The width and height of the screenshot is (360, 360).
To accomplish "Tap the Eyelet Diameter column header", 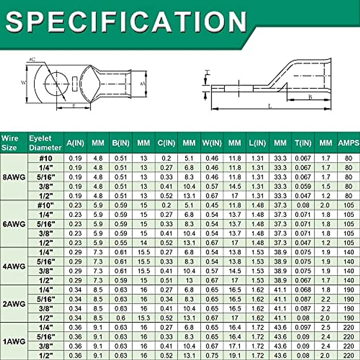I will click(x=45, y=143).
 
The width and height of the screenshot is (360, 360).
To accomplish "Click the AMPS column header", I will click(x=348, y=143).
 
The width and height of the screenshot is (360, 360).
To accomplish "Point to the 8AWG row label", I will click(x=14, y=177).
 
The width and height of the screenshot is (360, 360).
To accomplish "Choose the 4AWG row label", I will click(x=14, y=266).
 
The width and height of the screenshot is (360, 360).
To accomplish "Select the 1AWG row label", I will click(x=14, y=341).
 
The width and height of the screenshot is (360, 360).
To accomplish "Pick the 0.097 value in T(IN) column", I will click(x=303, y=327).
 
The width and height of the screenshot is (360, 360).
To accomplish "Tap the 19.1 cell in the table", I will click(x=235, y=355).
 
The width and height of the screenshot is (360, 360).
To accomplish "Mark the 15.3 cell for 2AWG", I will click(x=143, y=318).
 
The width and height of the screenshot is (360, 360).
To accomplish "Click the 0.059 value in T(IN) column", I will click(x=303, y=187).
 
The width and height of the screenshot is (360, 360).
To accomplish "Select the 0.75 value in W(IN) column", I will click(x=212, y=355).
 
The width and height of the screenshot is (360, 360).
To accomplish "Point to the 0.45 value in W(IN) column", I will click(x=212, y=205).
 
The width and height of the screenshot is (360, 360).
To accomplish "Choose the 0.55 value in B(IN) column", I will click(x=121, y=243).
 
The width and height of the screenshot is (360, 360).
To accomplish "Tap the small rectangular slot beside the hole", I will click(x=75, y=84).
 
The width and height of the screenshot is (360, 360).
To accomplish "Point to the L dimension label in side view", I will click(x=270, y=106).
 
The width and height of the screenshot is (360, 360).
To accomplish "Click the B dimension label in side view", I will click(x=310, y=97).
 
